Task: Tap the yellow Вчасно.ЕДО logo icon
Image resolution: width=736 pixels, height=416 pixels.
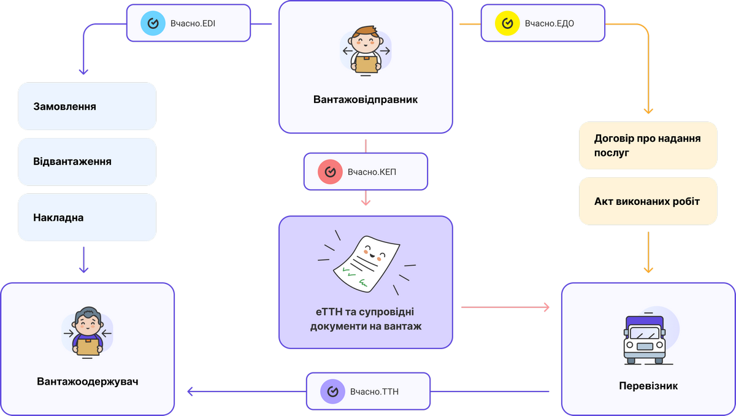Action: pyautogui.click(x=507, y=23)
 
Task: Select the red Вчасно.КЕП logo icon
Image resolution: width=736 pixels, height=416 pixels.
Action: pyautogui.click(x=330, y=172)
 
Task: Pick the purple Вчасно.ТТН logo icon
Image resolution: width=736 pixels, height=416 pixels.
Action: pyautogui.click(x=332, y=391)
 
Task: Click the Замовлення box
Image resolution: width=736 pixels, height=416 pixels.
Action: pyautogui.click(x=87, y=106)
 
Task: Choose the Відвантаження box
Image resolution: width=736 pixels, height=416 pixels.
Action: pyautogui.click(x=87, y=162)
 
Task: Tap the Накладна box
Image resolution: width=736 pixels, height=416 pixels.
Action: pyautogui.click(x=87, y=217)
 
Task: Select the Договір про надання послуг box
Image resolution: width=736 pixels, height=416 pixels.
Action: pyautogui.click(x=648, y=145)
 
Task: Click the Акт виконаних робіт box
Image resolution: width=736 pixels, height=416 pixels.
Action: pyautogui.click(x=648, y=201)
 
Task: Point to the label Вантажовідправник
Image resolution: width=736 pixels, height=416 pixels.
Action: pyautogui.click(x=366, y=99)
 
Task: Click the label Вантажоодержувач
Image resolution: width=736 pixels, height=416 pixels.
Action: pyautogui.click(x=88, y=381)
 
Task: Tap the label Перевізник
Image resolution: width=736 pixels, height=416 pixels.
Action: pyautogui.click(x=648, y=386)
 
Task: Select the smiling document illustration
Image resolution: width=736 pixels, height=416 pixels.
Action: pyautogui.click(x=366, y=261)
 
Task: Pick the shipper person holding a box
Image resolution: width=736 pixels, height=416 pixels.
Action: pyautogui.click(x=366, y=51)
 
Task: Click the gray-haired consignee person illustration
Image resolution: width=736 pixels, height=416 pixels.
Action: pyautogui.click(x=88, y=332)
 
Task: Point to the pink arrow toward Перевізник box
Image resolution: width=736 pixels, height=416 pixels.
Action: pyautogui.click(x=505, y=306)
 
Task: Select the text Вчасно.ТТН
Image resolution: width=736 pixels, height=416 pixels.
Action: pyautogui.click(x=374, y=391)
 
